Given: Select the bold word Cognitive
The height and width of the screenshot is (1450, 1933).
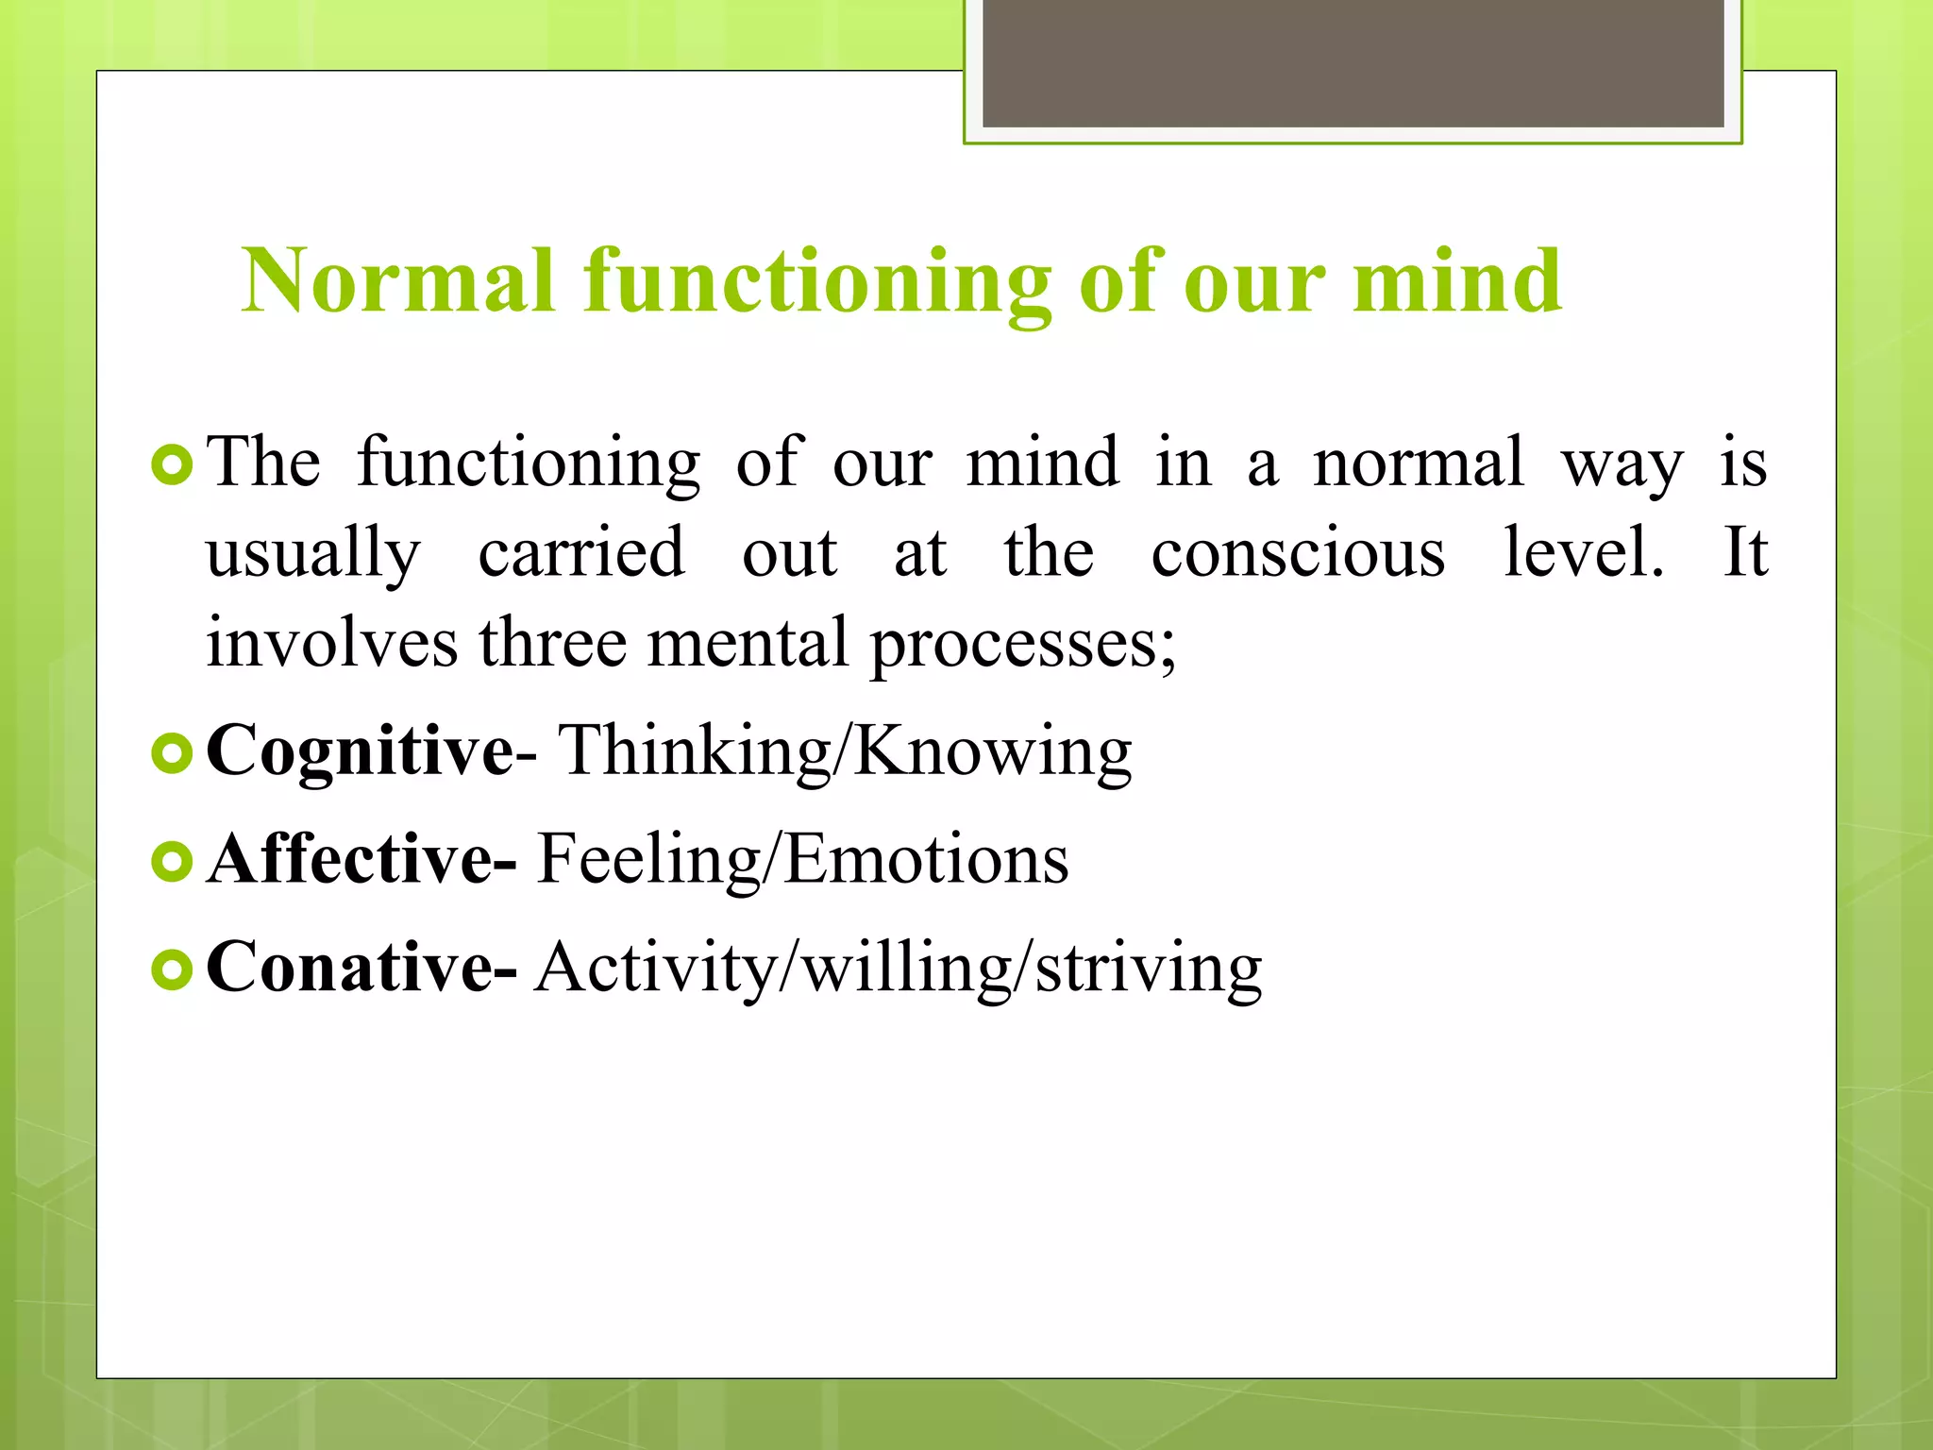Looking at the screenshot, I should (360, 750).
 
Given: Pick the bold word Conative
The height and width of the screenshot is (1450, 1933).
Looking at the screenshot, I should (348, 967).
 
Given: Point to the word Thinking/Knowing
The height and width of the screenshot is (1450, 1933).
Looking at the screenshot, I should (846, 750).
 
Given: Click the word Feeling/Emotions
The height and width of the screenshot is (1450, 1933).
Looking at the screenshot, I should (802, 859).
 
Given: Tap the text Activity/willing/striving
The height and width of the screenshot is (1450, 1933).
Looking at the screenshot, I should (898, 967).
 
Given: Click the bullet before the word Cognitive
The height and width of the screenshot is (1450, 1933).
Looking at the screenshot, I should (172, 753).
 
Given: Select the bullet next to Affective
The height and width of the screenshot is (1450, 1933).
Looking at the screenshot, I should (172, 861).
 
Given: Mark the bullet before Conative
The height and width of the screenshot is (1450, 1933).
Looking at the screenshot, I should (172, 969).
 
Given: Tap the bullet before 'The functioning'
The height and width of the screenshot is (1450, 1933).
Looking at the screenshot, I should (172, 465).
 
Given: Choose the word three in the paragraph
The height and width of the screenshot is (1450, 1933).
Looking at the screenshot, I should (552, 643).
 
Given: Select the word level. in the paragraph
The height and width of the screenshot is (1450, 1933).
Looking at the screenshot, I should (1583, 552).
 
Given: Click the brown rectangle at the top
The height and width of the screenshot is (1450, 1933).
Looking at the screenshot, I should (1353, 62).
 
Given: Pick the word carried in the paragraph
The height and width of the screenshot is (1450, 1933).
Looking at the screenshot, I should (581, 552).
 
